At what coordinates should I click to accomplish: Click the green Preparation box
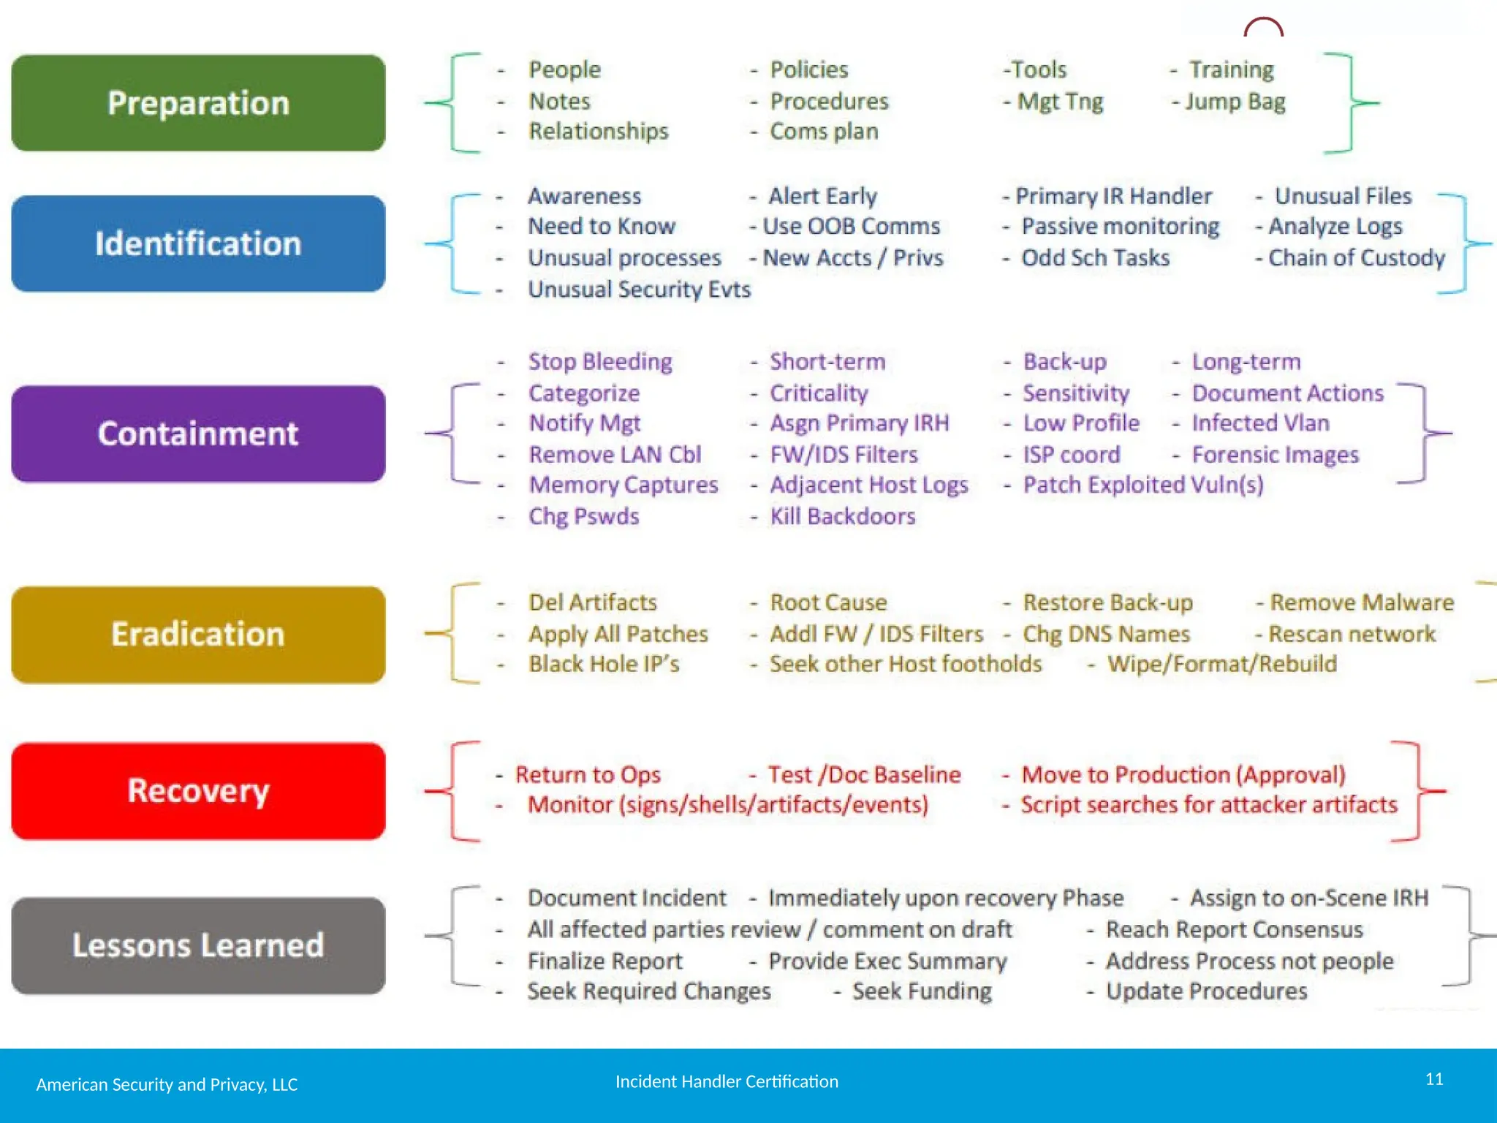click(198, 103)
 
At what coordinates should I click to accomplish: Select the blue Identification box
click(198, 243)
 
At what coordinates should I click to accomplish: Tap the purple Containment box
click(198, 434)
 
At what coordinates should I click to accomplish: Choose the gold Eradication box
click(198, 634)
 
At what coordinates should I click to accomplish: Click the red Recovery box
click(198, 790)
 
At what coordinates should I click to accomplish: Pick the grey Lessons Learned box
click(198, 945)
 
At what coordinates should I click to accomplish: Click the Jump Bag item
click(1235, 102)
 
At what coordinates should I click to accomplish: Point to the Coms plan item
click(824, 132)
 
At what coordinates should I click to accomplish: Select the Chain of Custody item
click(1356, 258)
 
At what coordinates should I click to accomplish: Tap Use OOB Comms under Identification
click(851, 227)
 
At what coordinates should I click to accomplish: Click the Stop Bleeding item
click(600, 362)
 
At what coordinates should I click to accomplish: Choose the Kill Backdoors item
click(842, 517)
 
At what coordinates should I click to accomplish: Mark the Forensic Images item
click(1275, 455)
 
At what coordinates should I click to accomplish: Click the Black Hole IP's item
click(604, 664)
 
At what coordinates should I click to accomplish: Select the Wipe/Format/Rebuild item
click(1221, 664)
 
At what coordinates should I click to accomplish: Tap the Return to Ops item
click(588, 775)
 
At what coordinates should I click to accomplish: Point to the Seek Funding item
click(922, 991)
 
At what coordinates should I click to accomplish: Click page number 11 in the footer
click(1434, 1079)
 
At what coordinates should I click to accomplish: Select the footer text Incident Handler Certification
click(727, 1081)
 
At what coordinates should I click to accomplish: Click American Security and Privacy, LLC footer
click(167, 1084)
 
